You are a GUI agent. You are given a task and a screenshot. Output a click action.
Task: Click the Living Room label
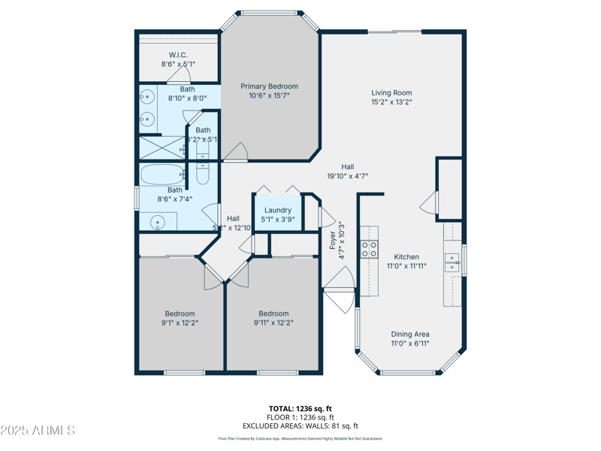[391, 92]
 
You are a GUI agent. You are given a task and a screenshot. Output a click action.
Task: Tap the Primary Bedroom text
[269, 86]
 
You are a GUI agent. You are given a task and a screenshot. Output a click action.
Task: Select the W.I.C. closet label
[178, 55]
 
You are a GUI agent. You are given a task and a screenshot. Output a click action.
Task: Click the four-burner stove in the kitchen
[369, 250]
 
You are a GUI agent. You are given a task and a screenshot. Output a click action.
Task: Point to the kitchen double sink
[452, 262]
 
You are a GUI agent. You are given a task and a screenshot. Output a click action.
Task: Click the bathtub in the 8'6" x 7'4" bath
[162, 175]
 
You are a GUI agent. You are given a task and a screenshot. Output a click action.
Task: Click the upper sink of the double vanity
[147, 97]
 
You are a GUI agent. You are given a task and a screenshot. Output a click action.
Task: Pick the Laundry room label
[278, 210]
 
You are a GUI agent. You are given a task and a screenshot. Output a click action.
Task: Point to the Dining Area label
[410, 334]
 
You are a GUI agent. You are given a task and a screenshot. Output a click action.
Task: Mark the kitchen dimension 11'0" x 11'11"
[406, 266]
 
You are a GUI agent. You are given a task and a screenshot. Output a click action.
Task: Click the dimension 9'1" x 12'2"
[180, 323]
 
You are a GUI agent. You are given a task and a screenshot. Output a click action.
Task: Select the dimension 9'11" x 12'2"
[273, 323]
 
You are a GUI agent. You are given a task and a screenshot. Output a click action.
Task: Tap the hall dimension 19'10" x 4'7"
[347, 177]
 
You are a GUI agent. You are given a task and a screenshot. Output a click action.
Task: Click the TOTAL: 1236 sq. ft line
[300, 408]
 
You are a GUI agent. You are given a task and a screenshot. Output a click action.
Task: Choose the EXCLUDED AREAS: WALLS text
[300, 426]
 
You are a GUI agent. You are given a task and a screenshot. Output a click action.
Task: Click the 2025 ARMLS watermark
[38, 431]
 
